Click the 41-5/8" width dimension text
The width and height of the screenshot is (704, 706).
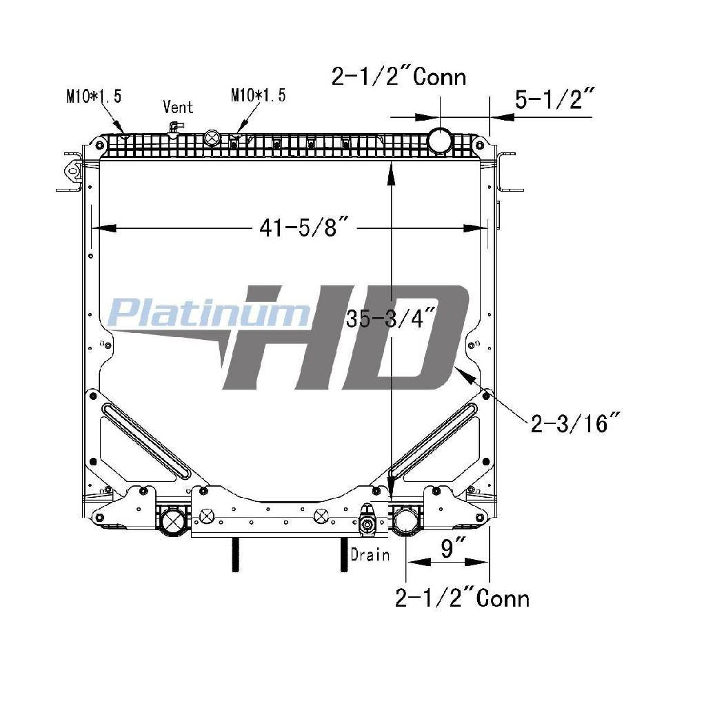305,228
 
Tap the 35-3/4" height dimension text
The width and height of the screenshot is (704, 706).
391,319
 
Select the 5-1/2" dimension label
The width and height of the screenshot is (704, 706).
555,99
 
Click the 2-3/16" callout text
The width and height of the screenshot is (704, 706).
576,423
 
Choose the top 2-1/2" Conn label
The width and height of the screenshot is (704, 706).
399,76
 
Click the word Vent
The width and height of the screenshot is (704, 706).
178,107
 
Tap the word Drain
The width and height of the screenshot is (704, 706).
370,555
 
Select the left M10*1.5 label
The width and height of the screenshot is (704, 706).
94,96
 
